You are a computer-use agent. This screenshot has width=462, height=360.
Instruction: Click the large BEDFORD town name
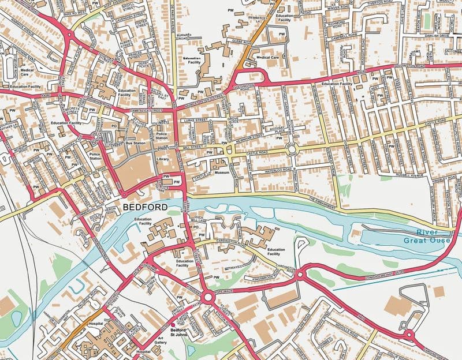(146, 207)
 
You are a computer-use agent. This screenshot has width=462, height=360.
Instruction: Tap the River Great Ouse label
(427, 237)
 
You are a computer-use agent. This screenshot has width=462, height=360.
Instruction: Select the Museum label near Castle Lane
(222, 172)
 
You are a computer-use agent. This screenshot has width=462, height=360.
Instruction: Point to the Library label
(162, 158)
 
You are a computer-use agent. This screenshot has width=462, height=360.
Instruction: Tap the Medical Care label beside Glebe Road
(267, 58)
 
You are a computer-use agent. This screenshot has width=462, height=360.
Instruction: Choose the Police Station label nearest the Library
(162, 136)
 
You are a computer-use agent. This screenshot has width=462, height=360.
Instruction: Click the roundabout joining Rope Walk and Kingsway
(207, 298)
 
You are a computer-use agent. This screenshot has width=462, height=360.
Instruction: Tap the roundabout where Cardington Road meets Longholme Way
(300, 276)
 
